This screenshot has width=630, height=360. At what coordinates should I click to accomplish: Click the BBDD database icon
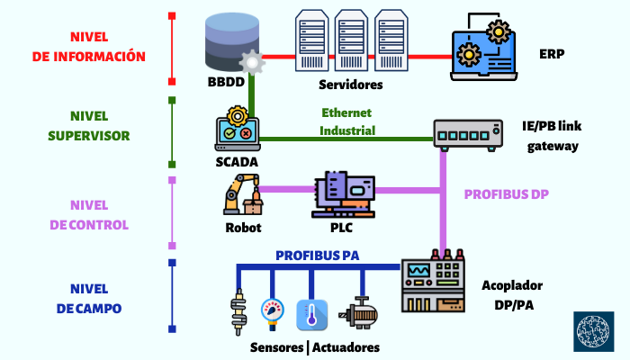[x=229, y=41]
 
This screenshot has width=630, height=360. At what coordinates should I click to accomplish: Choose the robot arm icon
[x=240, y=194]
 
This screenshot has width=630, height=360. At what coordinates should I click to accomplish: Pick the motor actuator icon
[x=355, y=314]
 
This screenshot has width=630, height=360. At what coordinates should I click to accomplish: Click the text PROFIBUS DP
[x=505, y=194]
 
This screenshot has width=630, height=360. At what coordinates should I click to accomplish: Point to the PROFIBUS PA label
[x=318, y=256]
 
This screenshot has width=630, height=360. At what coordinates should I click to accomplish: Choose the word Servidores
[x=351, y=85]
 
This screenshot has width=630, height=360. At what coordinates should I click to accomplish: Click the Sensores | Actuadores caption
[x=314, y=347]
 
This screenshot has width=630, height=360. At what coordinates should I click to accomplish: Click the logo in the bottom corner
[x=594, y=332]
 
